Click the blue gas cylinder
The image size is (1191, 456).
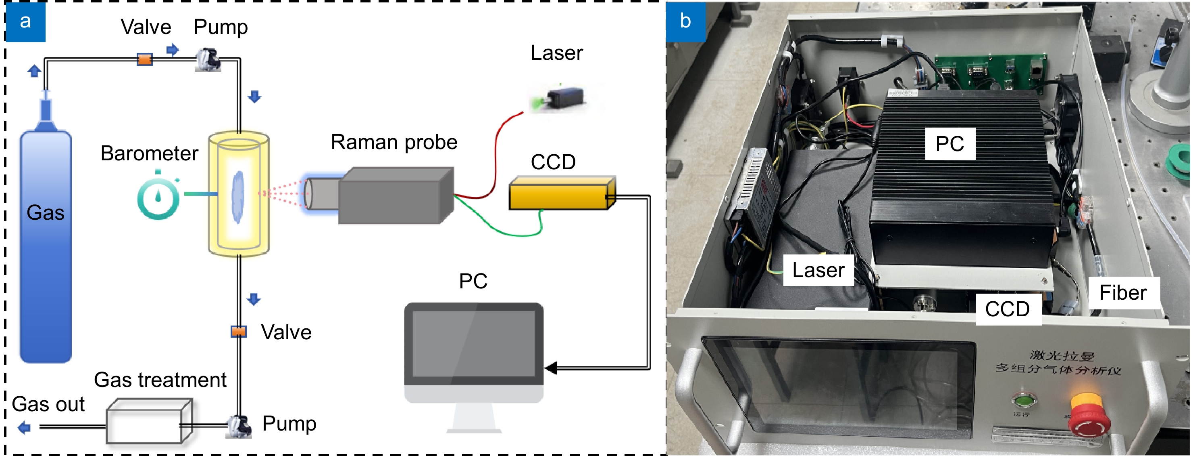[45, 245]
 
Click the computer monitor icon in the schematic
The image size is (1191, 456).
[473, 352]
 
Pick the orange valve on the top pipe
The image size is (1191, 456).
[145, 59]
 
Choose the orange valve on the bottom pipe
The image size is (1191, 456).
[239, 332]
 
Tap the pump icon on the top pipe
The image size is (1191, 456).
[208, 59]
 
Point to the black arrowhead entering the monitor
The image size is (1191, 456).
[551, 368]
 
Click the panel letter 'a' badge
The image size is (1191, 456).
[26, 21]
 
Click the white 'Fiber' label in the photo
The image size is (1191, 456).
[1124, 292]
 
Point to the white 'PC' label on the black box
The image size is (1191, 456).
[949, 143]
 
